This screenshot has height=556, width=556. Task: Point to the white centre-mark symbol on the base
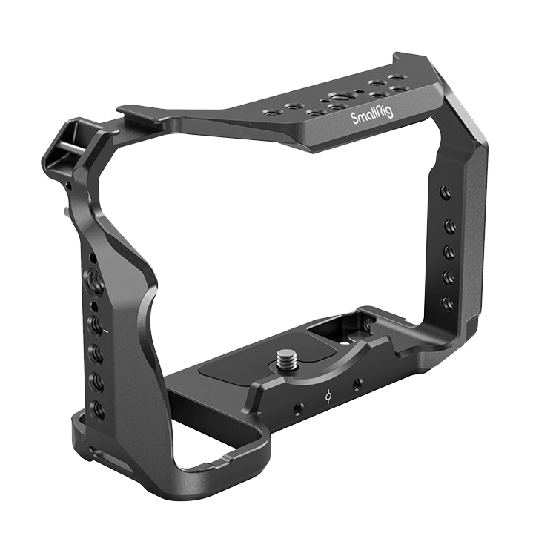(329, 396)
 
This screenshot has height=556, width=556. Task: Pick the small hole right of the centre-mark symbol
(357, 384)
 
